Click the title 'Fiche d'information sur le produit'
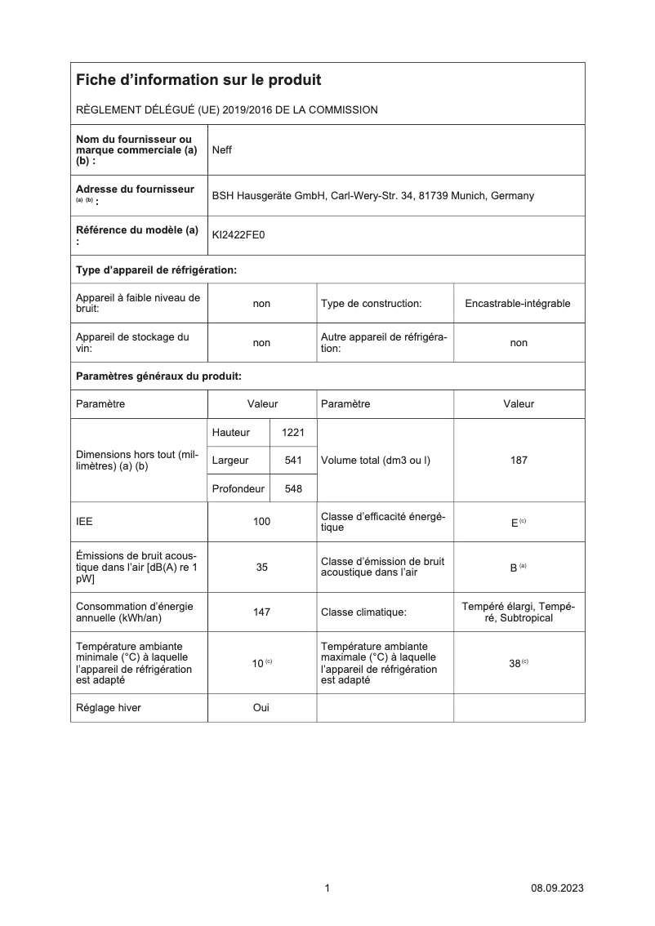coord(198,80)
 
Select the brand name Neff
coord(222,150)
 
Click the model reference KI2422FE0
coord(238,235)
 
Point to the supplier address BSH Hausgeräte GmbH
coord(373,196)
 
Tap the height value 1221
coord(292,432)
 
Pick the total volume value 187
coord(519,461)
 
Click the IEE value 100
coord(261,521)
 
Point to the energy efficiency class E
coord(515,522)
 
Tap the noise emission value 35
coord(261,567)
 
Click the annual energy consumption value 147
coord(261,612)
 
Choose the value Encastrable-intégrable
coord(518,304)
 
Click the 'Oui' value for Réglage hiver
coord(261,708)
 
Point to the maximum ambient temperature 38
coord(515,664)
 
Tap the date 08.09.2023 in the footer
coord(557,888)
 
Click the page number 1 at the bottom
coord(327,888)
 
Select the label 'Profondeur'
coord(238,488)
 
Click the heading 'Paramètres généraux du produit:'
coord(158,376)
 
